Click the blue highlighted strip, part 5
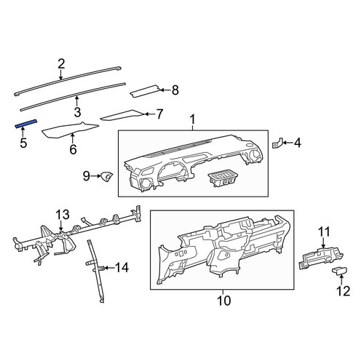26,124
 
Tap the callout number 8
175,90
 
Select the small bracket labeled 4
277,143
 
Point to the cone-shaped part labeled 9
107,176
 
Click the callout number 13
63,214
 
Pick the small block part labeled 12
339,270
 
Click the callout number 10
223,301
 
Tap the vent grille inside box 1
222,179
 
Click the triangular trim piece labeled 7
122,115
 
